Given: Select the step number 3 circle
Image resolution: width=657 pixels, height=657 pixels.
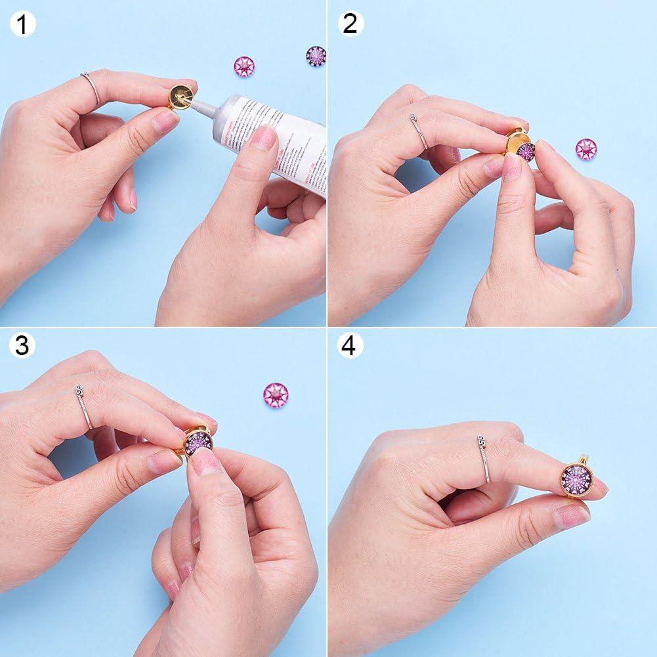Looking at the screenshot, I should [x=22, y=345].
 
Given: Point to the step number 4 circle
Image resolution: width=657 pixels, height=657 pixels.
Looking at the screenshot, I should [x=350, y=345].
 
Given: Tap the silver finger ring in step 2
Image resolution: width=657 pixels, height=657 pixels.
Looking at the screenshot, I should [x=418, y=131].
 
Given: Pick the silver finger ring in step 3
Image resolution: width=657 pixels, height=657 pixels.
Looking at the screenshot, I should [x=84, y=407].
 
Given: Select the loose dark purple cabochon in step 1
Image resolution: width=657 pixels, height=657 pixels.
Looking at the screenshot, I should [x=316, y=56].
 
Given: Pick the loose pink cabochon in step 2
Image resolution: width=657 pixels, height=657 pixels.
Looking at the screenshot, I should [x=585, y=149].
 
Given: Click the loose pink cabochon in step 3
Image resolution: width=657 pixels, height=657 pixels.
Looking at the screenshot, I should [x=276, y=394].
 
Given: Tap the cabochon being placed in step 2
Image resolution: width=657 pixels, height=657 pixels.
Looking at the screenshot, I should [x=525, y=152].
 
